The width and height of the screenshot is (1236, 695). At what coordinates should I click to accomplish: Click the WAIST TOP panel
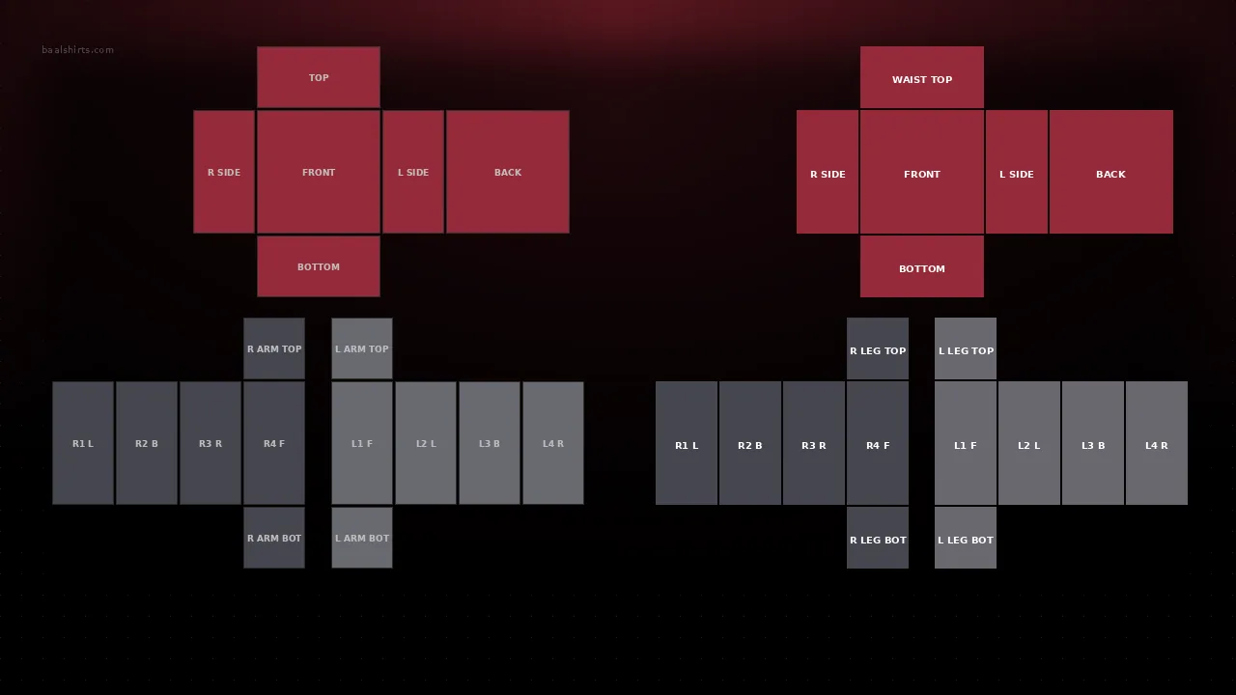(x=921, y=77)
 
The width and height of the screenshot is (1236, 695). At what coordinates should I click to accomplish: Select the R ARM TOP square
(x=274, y=348)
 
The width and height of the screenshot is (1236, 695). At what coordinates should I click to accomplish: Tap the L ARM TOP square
(x=362, y=348)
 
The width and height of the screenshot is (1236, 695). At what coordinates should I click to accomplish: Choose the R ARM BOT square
(x=274, y=538)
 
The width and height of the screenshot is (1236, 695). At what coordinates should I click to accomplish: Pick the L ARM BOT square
(x=362, y=538)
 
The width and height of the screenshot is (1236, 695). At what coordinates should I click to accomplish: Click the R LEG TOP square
(x=878, y=348)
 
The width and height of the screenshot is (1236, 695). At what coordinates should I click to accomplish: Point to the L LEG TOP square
(x=966, y=348)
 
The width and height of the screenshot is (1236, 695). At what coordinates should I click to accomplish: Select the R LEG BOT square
(x=878, y=538)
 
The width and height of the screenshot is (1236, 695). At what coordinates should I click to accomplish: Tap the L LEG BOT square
(x=966, y=538)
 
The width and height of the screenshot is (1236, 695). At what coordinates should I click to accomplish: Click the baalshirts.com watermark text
(x=78, y=49)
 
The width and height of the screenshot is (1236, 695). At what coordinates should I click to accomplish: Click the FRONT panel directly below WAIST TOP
(x=921, y=172)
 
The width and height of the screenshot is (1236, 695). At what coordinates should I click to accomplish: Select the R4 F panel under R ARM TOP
(x=274, y=443)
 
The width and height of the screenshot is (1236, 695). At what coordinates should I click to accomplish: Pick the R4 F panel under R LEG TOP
(x=878, y=443)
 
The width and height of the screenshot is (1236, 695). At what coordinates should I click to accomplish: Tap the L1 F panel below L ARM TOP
(x=362, y=443)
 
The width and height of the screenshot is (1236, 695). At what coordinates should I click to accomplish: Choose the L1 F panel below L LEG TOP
(x=966, y=443)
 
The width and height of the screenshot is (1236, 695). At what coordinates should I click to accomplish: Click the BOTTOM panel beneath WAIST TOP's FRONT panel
(x=921, y=266)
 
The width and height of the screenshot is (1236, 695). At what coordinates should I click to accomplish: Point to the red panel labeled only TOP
(x=319, y=77)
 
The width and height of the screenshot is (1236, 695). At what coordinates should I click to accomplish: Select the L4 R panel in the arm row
(x=553, y=443)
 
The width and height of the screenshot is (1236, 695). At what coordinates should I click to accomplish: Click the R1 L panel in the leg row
(x=687, y=443)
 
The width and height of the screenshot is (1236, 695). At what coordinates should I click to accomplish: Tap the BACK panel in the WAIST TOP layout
(x=1110, y=172)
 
